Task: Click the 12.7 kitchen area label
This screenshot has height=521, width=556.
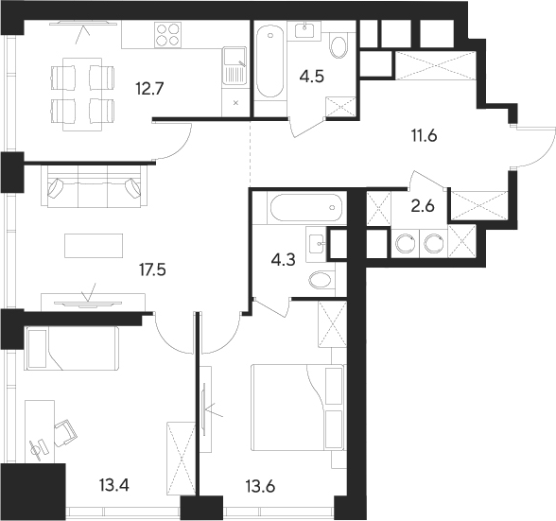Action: click(149, 88)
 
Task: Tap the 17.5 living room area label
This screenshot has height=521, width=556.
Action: click(152, 270)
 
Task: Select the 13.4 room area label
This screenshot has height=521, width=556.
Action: click(114, 485)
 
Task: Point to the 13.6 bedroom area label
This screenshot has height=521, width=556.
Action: click(260, 486)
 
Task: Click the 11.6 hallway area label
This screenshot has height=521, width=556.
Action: click(424, 135)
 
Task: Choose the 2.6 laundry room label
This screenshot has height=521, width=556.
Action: click(423, 206)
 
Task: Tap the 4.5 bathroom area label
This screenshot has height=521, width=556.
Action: click(312, 77)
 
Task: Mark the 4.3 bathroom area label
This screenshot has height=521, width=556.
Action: click(283, 260)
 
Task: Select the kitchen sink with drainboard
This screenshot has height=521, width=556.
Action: click(235, 65)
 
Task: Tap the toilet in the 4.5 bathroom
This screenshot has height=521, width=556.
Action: click(338, 45)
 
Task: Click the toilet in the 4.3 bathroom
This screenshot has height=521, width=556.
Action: click(321, 281)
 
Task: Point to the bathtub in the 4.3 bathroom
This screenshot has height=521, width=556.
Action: click(306, 207)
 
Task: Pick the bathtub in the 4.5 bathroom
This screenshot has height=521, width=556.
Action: click(270, 61)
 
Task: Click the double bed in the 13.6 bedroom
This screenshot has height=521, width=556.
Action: click(298, 408)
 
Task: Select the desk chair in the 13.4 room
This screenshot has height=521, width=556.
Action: click(65, 433)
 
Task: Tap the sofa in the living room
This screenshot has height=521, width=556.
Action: click(95, 187)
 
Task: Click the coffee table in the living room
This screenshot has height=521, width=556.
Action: click(94, 246)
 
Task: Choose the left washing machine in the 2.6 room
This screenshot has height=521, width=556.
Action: click(405, 243)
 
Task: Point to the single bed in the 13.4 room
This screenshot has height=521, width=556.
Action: click(71, 349)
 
